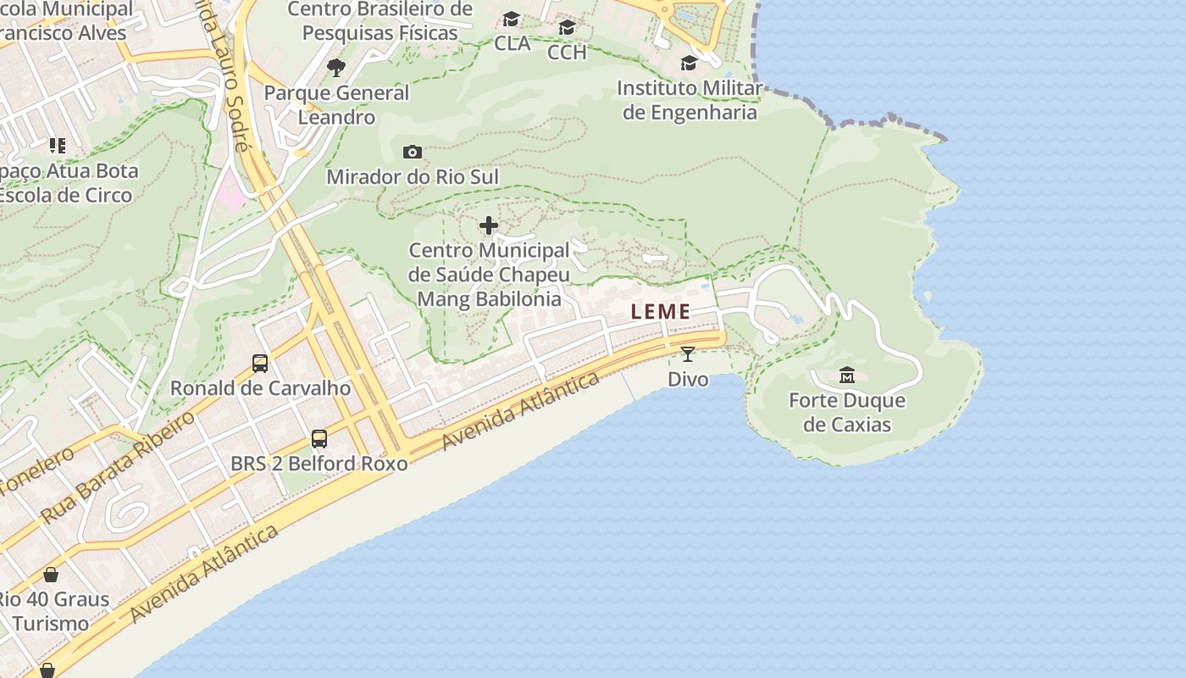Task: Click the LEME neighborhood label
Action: [661, 312]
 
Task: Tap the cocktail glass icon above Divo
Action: [687, 354]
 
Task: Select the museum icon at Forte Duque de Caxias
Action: [846, 375]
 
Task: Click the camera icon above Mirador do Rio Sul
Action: [413, 153]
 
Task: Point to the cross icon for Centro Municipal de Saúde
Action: [489, 225]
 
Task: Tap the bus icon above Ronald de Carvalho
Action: [260, 364]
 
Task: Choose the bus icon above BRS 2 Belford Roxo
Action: [319, 439]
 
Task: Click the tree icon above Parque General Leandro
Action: [336, 68]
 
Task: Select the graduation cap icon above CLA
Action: [512, 19]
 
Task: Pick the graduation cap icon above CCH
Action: [567, 28]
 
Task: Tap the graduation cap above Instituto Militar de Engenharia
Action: [689, 64]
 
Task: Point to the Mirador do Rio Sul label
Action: [413, 176]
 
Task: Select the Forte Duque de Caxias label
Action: [847, 412]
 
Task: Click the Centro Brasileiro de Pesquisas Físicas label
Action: [380, 21]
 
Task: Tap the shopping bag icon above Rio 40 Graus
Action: [51, 575]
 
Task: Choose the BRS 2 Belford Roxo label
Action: [319, 464]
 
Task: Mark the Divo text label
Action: [688, 379]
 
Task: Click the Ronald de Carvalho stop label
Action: [260, 388]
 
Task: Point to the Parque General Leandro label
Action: [336, 104]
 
